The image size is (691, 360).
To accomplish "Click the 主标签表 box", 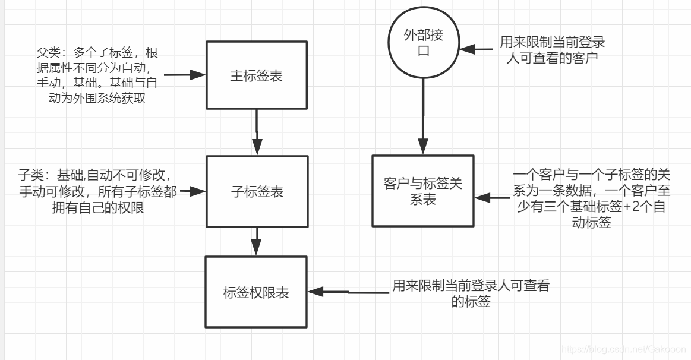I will (256, 75).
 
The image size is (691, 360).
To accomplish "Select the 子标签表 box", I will (257, 191).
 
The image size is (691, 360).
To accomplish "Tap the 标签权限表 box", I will (256, 292).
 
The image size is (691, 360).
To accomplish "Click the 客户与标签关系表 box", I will (422, 191).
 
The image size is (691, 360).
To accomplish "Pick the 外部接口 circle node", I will (423, 43).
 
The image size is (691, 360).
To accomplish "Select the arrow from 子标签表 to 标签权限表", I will (257, 241).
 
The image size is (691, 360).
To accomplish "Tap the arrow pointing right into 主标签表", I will (185, 75).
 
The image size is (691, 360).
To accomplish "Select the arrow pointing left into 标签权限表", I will (348, 292).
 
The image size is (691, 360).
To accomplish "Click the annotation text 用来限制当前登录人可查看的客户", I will (552, 49).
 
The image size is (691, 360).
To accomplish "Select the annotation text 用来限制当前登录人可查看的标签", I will (471, 293).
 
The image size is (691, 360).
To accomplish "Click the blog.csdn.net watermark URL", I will (623, 350).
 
